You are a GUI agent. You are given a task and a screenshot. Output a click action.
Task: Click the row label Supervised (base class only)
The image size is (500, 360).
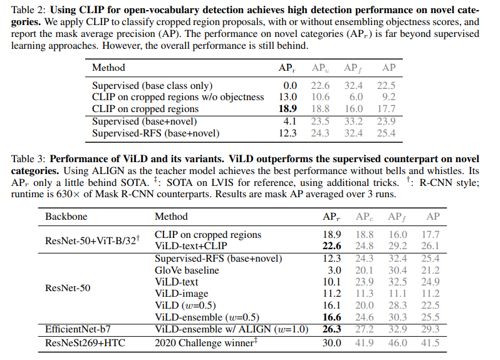(x=152, y=85)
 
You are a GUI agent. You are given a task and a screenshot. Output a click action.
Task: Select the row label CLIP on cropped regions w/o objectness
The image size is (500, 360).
(x=178, y=96)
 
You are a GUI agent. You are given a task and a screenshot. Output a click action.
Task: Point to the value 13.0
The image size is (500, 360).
(x=288, y=96)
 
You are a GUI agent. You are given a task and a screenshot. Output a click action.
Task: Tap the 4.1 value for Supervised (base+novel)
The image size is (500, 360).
(x=290, y=121)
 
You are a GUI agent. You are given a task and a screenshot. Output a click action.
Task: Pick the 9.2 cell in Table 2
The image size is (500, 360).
(x=388, y=96)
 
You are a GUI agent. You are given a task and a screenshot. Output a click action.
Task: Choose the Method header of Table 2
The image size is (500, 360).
(x=108, y=68)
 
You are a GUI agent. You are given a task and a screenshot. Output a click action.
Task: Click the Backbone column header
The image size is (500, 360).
(x=66, y=217)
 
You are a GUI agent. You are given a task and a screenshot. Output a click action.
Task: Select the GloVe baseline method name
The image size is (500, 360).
(x=187, y=270)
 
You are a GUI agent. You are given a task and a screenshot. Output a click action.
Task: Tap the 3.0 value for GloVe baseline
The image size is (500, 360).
(x=333, y=270)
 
